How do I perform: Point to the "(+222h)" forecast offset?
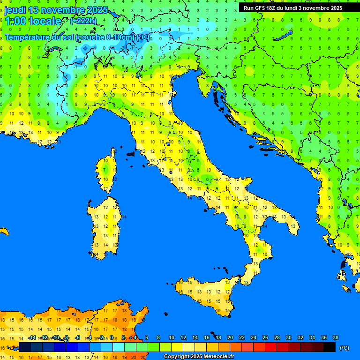[x=83, y=21]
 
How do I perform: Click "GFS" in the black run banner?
[x=260, y=8]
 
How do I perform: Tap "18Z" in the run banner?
[x=273, y=8]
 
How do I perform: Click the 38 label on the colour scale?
[x=336, y=337]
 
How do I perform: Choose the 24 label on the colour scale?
[x=254, y=337]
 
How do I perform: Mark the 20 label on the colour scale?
[x=230, y=337]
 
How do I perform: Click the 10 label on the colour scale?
[x=172, y=337]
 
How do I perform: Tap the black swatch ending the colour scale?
[x=330, y=347]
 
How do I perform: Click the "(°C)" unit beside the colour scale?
[x=345, y=347]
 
